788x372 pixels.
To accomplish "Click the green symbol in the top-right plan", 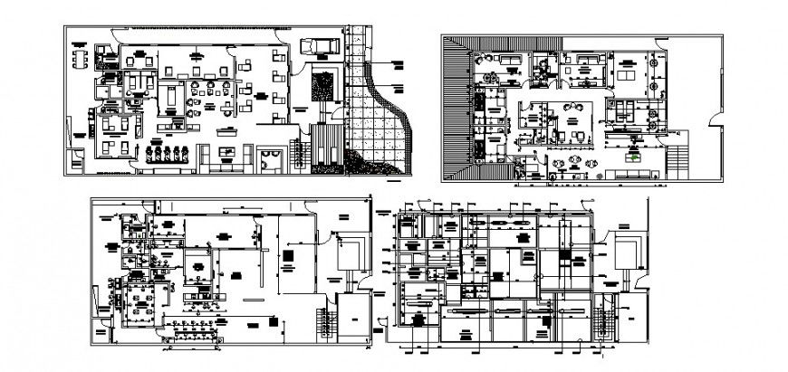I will pyautogui.click(x=638, y=157).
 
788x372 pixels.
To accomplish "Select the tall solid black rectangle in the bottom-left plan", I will pyautogui.click(x=288, y=259).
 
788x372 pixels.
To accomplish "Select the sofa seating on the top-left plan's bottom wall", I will pyautogui.click(x=224, y=161).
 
